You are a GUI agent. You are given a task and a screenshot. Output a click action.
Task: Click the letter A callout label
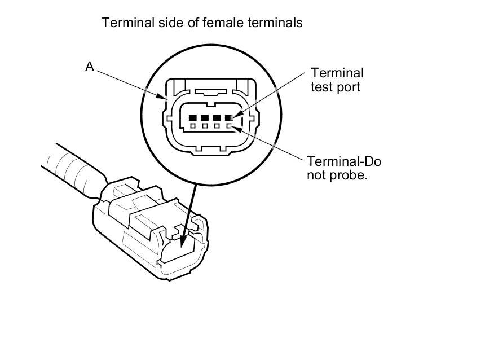click(89, 67)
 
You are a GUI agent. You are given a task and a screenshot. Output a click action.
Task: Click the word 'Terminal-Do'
click(343, 162)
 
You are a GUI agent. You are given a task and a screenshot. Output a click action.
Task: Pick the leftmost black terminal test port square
click(193, 118)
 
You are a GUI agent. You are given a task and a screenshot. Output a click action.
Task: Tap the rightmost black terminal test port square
click(229, 118)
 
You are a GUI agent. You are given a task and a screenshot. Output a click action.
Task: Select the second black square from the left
click(205, 118)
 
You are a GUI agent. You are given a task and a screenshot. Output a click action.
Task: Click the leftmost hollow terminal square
click(193, 126)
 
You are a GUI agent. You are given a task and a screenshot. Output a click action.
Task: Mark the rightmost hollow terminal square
click(229, 126)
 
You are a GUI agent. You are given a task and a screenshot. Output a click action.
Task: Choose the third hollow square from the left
click(217, 126)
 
